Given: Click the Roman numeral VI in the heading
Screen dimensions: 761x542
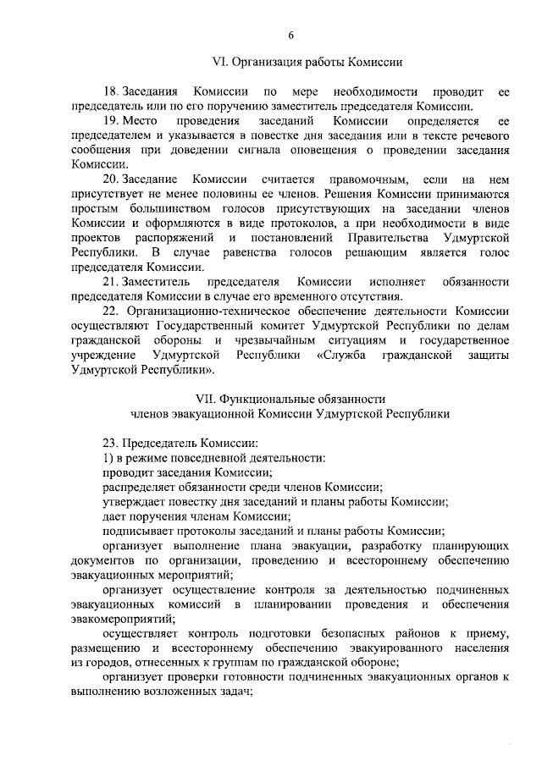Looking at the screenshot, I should (218, 62).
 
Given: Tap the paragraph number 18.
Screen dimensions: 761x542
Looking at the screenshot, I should (110, 91).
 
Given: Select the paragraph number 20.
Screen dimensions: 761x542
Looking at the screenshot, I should (110, 179).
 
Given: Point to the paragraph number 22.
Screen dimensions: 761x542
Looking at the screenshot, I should (110, 312).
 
